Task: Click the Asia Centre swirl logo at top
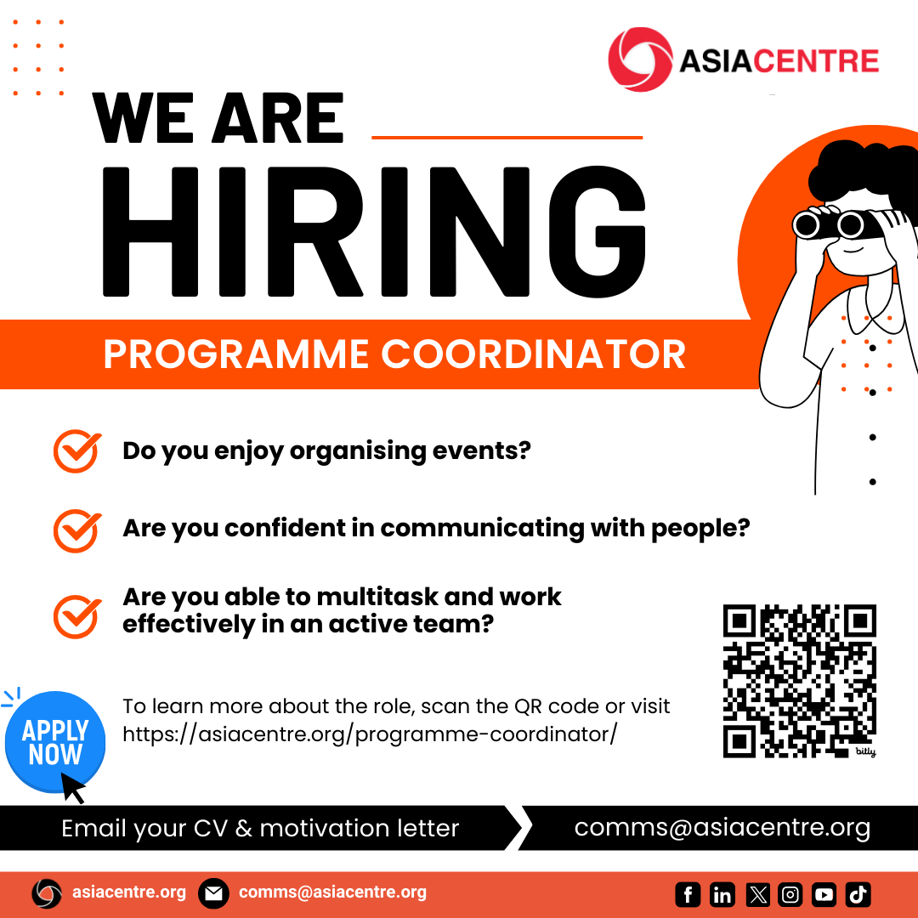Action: point(640,59)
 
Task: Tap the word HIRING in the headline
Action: point(374,232)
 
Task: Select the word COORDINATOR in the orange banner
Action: point(533,354)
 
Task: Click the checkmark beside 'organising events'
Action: point(77,450)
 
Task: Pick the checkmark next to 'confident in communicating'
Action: point(77,530)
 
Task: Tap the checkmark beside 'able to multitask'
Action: point(77,616)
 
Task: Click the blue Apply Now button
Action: point(55,742)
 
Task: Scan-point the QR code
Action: point(800,681)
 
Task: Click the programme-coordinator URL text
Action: point(370,734)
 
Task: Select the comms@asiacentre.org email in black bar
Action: point(722,828)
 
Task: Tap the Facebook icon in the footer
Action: point(688,894)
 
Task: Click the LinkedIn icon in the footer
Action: point(722,894)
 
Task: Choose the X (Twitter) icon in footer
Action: point(757,894)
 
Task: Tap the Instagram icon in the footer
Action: point(790,894)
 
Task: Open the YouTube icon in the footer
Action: point(824,894)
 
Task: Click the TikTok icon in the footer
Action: point(858,894)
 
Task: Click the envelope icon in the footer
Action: point(213,893)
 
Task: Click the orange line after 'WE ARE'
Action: point(507,138)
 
